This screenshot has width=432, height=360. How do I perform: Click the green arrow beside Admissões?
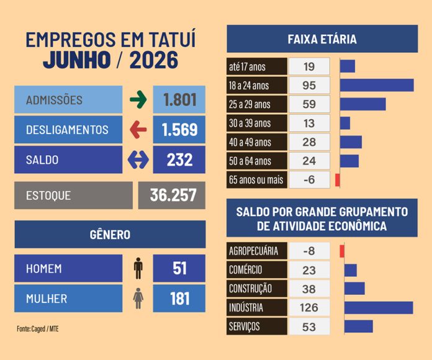138,99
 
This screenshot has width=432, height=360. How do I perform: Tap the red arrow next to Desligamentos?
138,130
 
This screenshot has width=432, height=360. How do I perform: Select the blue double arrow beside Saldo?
138,160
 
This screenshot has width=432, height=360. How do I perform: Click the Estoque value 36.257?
173,195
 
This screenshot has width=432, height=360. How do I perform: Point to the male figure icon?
138,268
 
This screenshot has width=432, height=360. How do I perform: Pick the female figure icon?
138,299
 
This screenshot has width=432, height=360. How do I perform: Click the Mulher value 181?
179,299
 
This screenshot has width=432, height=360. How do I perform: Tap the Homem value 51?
179,268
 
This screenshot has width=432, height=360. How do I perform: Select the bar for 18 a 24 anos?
377,86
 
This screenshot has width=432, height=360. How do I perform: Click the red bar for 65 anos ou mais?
338,180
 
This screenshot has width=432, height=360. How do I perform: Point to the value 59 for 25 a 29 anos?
309,104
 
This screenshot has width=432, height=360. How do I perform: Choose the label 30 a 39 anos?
250,123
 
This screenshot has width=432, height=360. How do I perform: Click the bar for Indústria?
379,308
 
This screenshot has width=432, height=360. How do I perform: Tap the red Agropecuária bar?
342,251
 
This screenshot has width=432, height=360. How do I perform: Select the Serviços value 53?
309,327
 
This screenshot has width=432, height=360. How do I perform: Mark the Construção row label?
250,289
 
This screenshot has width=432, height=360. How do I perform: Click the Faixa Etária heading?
322,39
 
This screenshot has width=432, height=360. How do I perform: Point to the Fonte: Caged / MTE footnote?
38,328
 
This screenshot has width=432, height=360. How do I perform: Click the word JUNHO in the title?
77,60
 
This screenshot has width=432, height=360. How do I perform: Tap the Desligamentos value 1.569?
179,130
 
